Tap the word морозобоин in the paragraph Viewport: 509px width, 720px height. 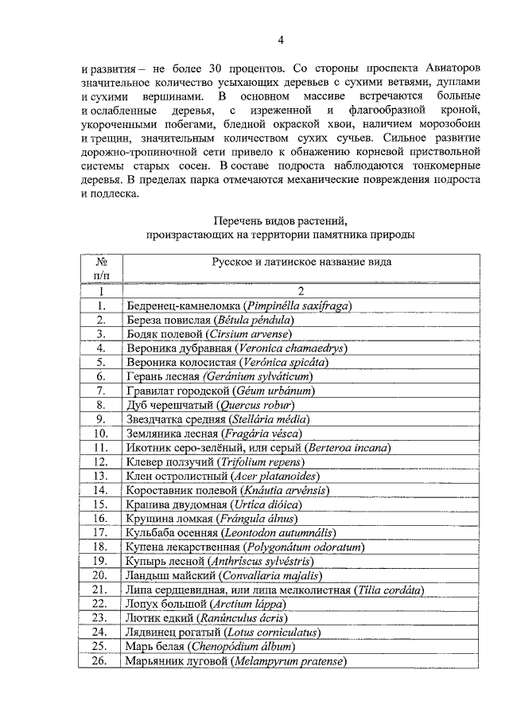tap(447, 123)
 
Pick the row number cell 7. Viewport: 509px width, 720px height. tap(101, 391)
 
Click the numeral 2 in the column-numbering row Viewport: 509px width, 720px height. tap(301, 291)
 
